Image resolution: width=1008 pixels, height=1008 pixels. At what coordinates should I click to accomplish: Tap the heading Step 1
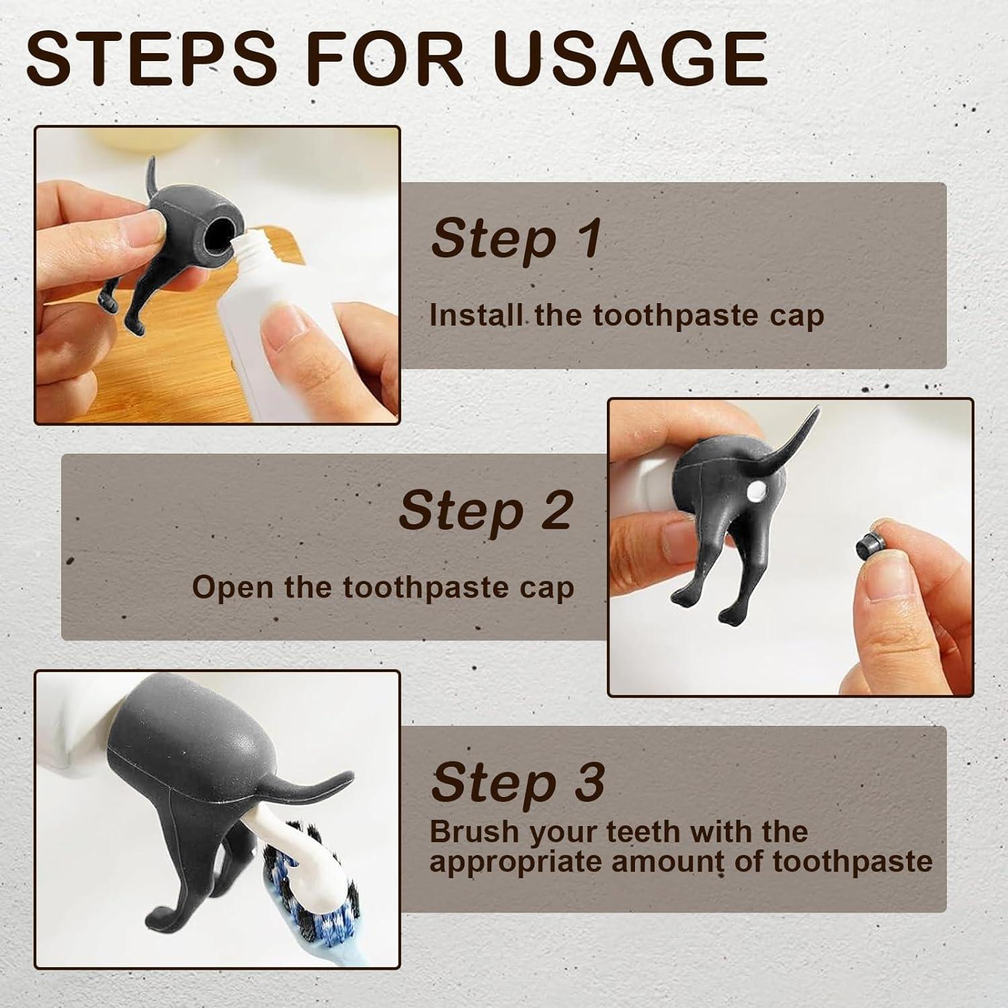[516, 238]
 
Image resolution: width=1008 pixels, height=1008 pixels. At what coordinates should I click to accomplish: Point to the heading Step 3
[517, 782]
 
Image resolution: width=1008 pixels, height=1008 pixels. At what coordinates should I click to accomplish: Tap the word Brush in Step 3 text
[474, 831]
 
